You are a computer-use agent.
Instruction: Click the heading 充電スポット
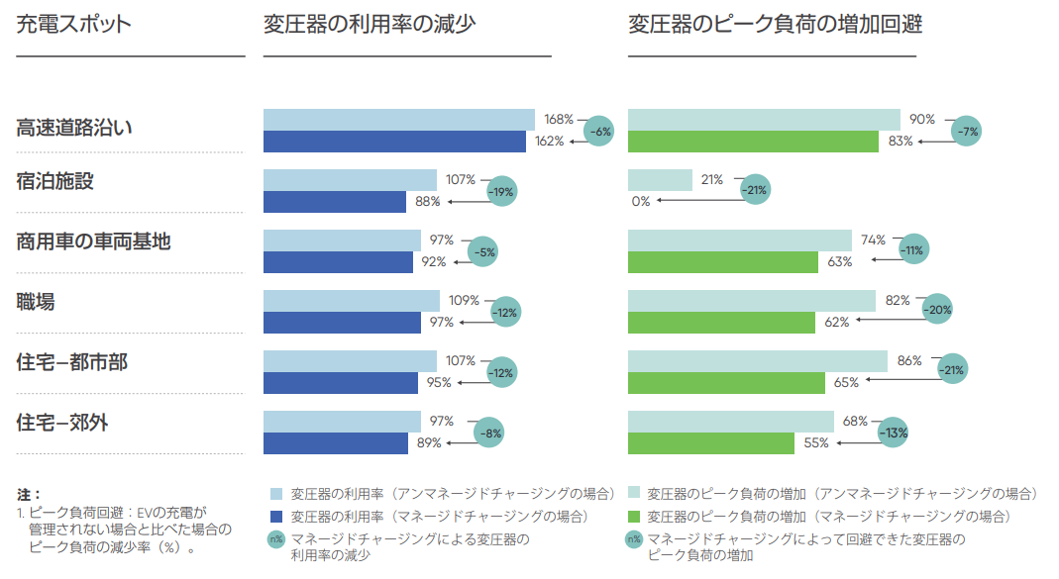pyautogui.click(x=73, y=25)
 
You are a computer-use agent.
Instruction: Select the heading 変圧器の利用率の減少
pyautogui.click(x=370, y=25)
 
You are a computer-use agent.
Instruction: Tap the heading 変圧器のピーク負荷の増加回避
pyautogui.click(x=775, y=25)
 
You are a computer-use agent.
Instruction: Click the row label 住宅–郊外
pyautogui.click(x=62, y=423)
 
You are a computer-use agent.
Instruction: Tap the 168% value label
pyautogui.click(x=559, y=120)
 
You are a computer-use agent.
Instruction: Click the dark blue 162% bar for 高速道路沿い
pyautogui.click(x=394, y=142)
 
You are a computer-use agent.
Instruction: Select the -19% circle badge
pyautogui.click(x=502, y=191)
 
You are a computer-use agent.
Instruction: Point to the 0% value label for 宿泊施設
pyautogui.click(x=640, y=201)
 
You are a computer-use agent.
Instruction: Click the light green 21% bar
pyautogui.click(x=660, y=180)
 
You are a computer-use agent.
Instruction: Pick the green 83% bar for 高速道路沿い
pyautogui.click(x=753, y=142)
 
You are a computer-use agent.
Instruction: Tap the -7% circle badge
pyautogui.click(x=966, y=131)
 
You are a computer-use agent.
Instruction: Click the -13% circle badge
pyautogui.click(x=894, y=433)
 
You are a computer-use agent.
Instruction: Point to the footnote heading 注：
pyautogui.click(x=29, y=493)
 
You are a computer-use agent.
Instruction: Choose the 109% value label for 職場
pyautogui.click(x=464, y=300)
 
